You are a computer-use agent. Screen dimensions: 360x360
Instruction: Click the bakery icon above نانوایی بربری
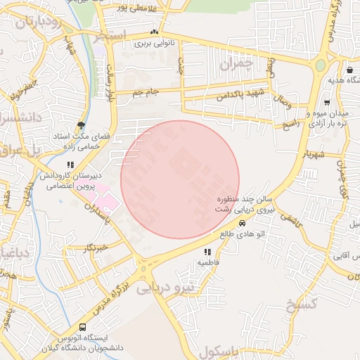click(154, 32)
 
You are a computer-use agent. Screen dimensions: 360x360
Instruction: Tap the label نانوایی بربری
click(154, 43)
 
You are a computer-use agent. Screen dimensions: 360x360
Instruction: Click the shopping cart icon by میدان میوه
click(327, 103)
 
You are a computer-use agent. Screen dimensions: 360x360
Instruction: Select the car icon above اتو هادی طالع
click(243, 224)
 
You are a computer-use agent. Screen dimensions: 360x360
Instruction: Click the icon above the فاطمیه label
click(207, 252)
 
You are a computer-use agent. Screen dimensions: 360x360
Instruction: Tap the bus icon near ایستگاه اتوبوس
click(83, 328)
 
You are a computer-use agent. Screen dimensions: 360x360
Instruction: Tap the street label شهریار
click(312, 153)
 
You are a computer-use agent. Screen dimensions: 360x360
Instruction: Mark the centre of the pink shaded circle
click(180, 179)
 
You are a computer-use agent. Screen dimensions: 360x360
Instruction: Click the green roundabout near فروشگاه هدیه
click(320, 65)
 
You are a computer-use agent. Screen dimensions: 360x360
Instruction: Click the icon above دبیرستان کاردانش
click(69, 165)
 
